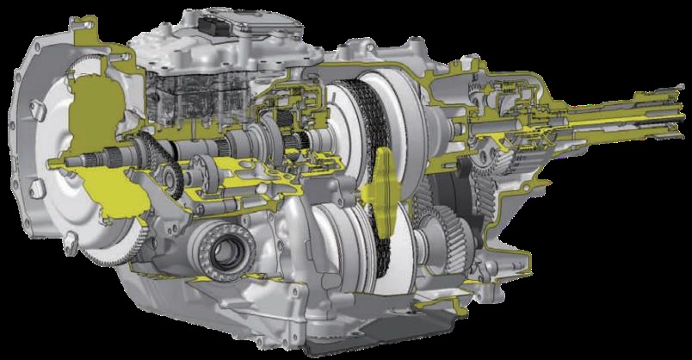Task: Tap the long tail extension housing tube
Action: pos(602,129)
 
